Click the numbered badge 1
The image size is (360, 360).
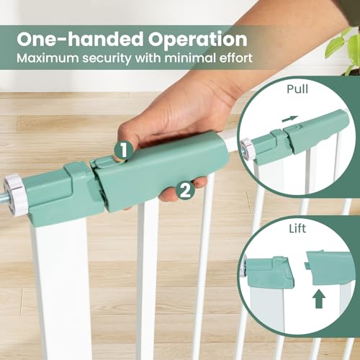click(x=123, y=150)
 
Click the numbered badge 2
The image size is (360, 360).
click(x=186, y=192)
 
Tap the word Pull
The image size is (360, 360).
click(x=297, y=89)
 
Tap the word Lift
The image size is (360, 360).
click(x=297, y=229)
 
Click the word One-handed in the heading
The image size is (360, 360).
click(x=80, y=39)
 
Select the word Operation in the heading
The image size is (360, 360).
click(x=197, y=40)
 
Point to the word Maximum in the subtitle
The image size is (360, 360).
click(x=48, y=58)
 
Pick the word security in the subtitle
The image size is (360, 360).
click(x=107, y=59)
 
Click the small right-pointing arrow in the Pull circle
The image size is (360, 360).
click(x=290, y=118)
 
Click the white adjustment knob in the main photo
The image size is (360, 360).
click(x=15, y=194)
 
